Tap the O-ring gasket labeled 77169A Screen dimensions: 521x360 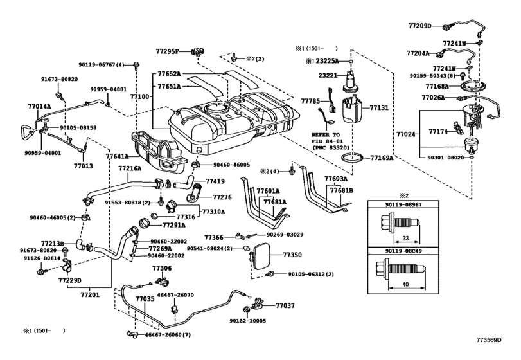353,157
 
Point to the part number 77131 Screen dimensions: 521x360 379,108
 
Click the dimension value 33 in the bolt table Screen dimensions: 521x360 405,238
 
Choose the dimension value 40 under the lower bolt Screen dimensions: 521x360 405,284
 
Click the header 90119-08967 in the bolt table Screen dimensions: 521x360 403,204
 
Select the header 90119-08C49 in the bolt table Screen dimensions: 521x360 403,251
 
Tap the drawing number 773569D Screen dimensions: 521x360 489,339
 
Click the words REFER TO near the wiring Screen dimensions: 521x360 326,134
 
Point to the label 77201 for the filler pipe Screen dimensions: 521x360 90,295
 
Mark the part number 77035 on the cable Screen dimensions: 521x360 145,299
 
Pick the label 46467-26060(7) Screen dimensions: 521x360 168,335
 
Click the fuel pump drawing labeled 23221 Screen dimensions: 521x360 350,82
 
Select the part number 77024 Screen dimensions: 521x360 406,134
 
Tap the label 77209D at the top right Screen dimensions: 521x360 419,26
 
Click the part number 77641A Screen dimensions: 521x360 118,156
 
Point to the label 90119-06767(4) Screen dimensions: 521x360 102,65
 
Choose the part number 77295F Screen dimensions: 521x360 168,51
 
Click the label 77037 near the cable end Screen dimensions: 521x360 285,305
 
